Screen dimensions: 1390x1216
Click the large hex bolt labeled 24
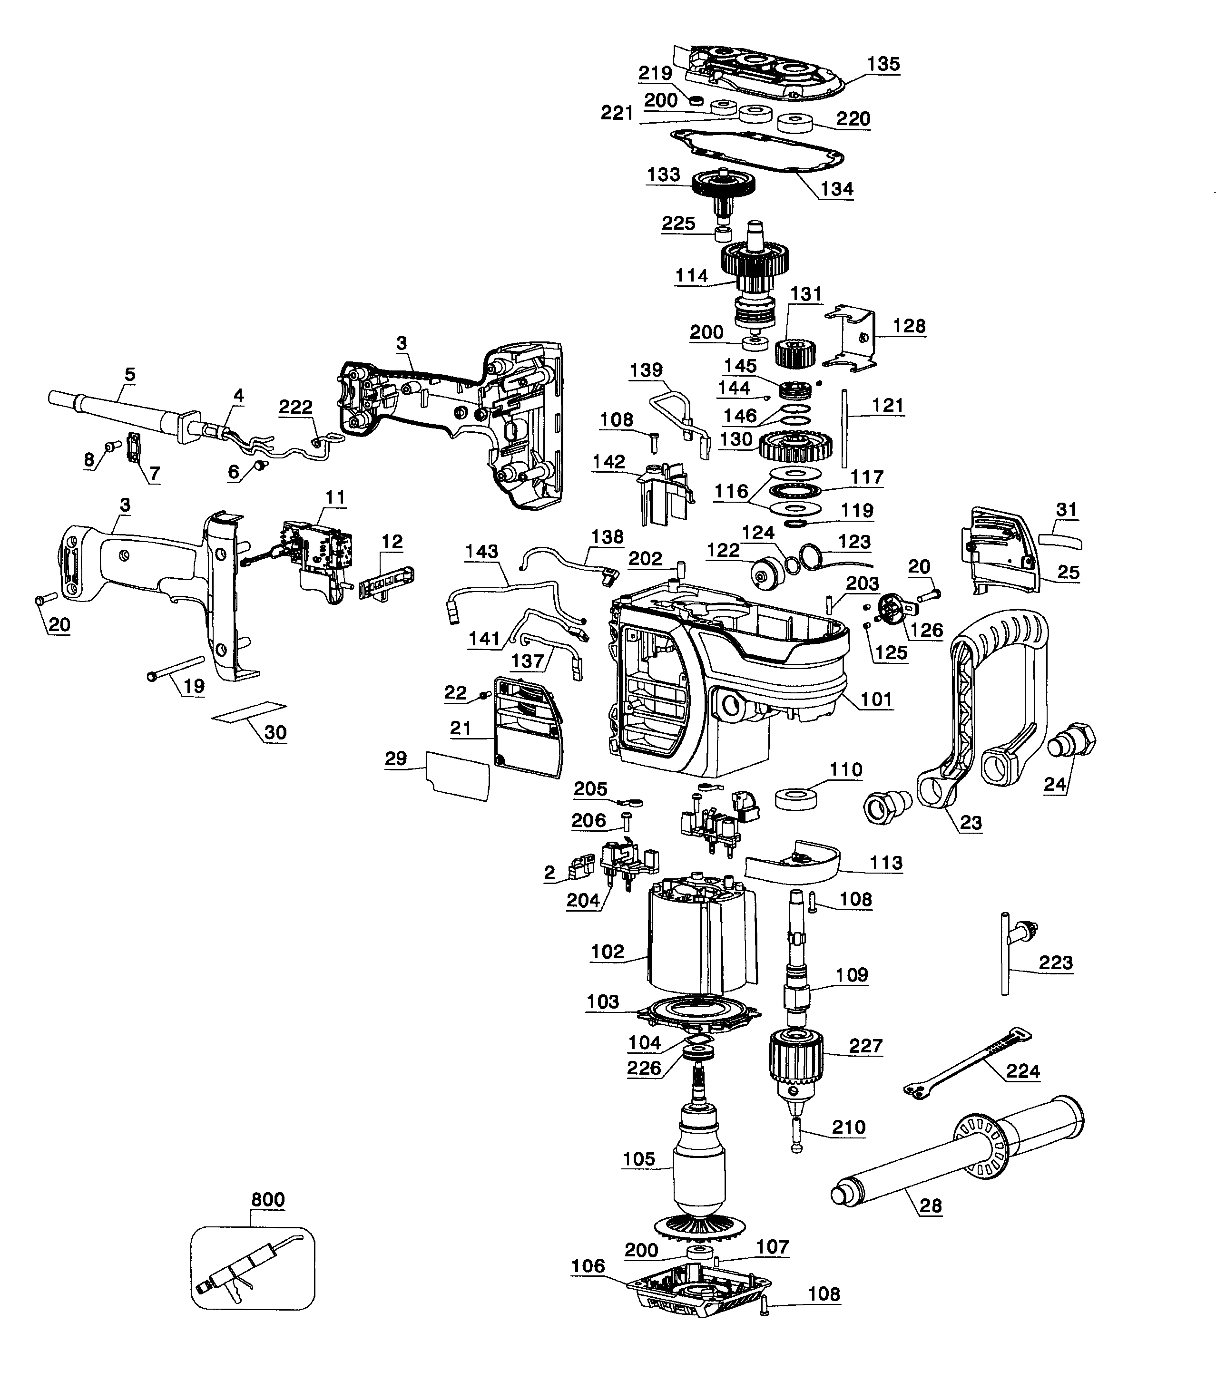tap(1073, 741)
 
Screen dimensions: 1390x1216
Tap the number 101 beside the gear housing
tap(876, 699)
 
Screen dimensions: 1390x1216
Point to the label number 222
tap(296, 407)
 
